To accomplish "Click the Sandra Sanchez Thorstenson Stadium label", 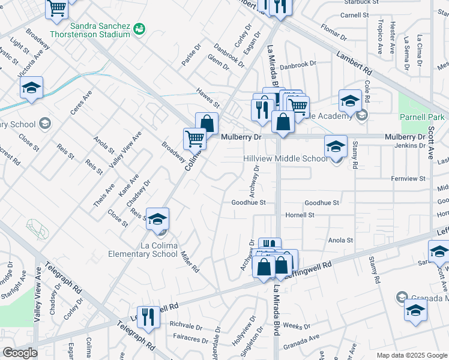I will click(100, 30).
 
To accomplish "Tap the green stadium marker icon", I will click(140, 27).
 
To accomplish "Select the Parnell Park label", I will click(424, 117).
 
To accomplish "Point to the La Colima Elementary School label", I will click(143, 250).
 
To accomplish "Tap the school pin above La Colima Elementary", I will click(158, 220).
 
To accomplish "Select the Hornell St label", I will click(300, 215).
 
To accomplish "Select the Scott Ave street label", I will click(431, 145).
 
